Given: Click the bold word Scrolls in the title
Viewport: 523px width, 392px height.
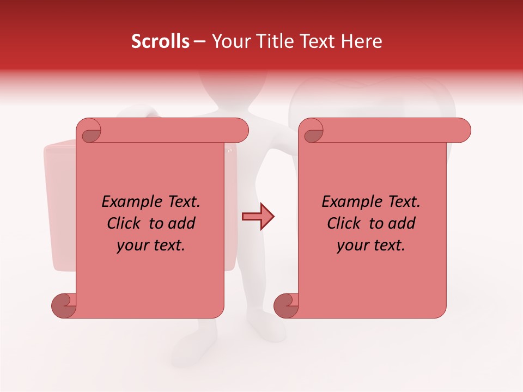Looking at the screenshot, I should pyautogui.click(x=161, y=41).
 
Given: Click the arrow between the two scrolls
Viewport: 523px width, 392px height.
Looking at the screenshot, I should pyautogui.click(x=258, y=217).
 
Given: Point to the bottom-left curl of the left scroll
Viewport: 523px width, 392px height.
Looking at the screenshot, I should pyautogui.click(x=64, y=306).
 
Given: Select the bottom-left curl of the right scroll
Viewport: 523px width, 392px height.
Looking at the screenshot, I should pyautogui.click(x=286, y=306).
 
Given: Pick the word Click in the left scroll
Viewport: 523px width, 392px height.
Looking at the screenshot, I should pyautogui.click(x=124, y=224).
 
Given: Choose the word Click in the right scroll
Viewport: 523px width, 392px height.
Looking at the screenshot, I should pyautogui.click(x=344, y=224).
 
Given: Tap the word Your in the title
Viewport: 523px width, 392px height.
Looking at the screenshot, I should pyautogui.click(x=229, y=41).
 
